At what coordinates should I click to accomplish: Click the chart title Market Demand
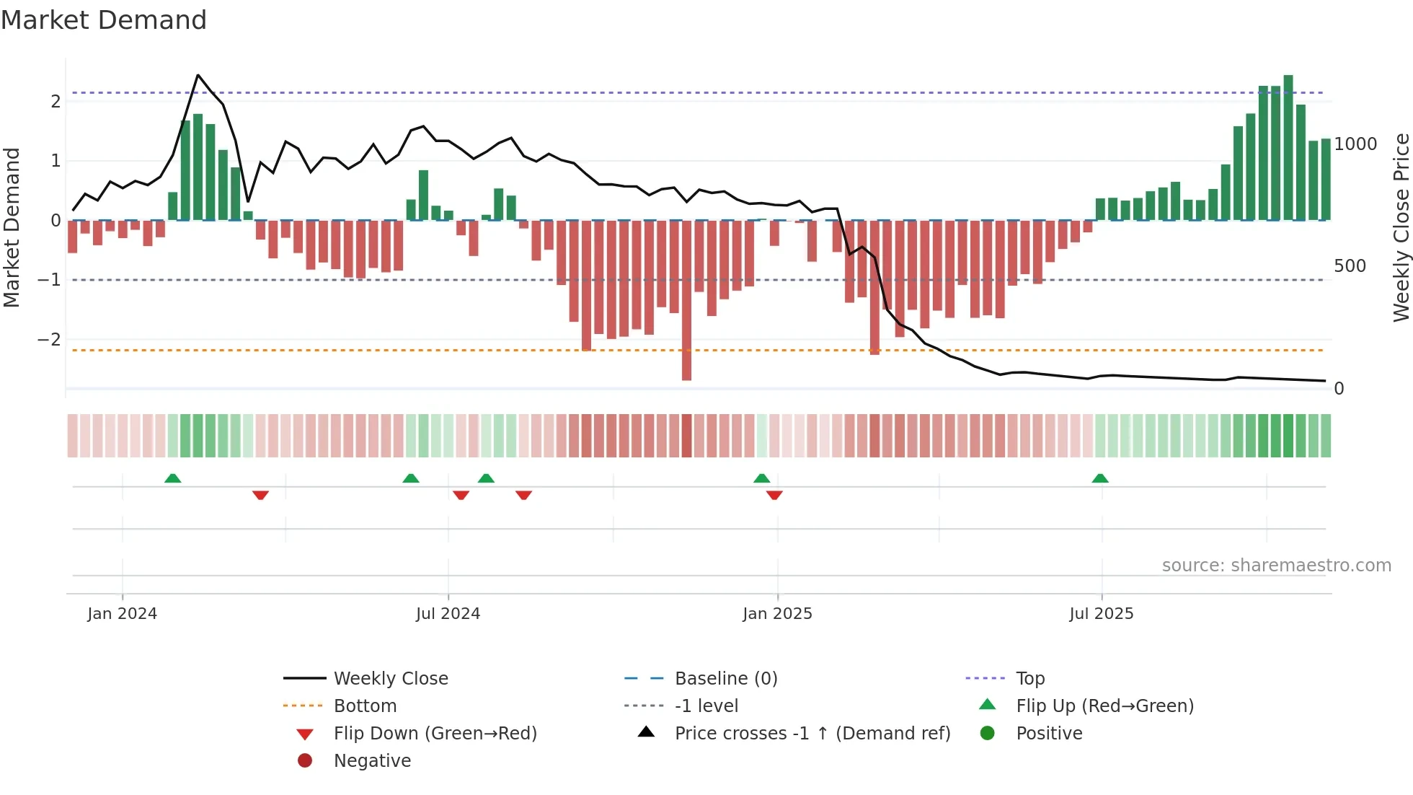[104, 20]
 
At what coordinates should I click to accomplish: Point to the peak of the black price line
[198, 75]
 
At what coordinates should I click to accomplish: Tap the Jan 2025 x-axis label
[777, 614]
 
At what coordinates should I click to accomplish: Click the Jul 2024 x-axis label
[448, 614]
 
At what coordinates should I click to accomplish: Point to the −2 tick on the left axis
[50, 339]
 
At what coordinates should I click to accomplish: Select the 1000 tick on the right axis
[1355, 144]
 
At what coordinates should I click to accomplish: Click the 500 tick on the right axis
[1350, 266]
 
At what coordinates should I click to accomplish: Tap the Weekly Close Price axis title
[1401, 227]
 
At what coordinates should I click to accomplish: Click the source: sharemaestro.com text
[1276, 566]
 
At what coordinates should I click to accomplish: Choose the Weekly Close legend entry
[391, 679]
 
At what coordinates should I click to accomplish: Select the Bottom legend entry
[365, 706]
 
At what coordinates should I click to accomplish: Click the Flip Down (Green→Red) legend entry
[435, 734]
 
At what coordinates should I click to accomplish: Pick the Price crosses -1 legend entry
[812, 734]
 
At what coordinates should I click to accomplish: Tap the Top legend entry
[1030, 679]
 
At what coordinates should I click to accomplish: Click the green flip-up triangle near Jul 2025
[1100, 478]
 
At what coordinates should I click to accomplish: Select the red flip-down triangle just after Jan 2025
[774, 495]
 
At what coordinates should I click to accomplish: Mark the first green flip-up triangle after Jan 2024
[172, 478]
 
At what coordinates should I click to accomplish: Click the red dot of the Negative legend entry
[305, 760]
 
